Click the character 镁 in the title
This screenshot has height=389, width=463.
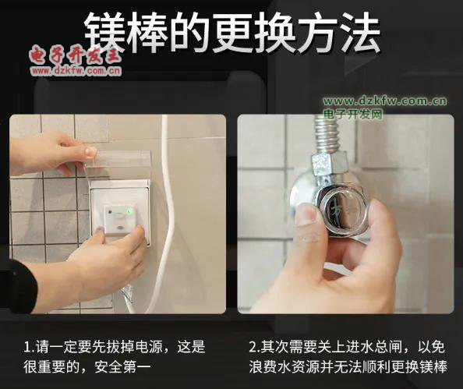(x=105, y=32)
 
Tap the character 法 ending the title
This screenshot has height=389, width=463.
(x=359, y=32)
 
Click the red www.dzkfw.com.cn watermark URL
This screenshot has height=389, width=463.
(x=76, y=71)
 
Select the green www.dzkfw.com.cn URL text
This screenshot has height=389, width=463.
(x=385, y=101)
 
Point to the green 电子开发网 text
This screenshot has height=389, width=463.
(x=353, y=115)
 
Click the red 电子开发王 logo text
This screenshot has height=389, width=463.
(x=76, y=55)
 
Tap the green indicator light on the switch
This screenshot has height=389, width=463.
(x=129, y=211)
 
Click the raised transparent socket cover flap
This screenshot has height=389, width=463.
(x=118, y=165)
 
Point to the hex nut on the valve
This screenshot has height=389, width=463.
(x=330, y=164)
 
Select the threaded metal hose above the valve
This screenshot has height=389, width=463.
(x=327, y=133)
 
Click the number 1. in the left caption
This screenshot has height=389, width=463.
(x=29, y=347)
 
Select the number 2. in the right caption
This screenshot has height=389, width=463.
(x=254, y=347)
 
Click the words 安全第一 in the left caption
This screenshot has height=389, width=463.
(x=122, y=367)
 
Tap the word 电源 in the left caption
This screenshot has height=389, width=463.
(x=149, y=347)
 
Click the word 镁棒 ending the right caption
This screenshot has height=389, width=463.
(x=433, y=367)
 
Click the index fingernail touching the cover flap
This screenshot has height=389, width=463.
(x=90, y=151)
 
